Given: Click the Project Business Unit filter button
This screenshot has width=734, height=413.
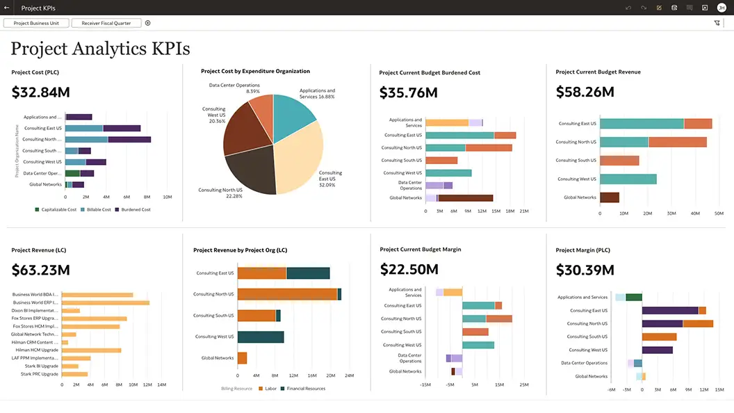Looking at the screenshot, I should (36, 23).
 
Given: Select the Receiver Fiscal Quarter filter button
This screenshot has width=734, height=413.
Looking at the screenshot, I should (106, 23).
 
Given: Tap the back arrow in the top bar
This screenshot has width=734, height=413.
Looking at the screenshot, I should (7, 8).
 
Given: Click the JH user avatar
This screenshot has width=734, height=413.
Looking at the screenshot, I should (721, 8).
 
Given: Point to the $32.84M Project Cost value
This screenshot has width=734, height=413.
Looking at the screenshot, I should (41, 92).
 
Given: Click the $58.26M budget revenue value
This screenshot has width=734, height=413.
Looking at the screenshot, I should (585, 92).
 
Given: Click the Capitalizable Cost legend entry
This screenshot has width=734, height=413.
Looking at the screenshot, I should (58, 209).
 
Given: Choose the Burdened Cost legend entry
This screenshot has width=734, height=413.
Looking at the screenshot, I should (135, 209).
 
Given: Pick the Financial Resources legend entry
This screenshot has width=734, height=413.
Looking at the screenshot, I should (305, 389).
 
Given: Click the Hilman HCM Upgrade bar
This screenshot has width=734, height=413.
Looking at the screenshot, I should (91, 350).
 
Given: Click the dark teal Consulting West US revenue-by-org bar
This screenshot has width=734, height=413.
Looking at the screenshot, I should (261, 337).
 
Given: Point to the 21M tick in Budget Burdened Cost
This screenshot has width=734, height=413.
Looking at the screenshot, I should (523, 211).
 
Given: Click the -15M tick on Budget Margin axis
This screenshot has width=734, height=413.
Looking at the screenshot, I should (426, 384).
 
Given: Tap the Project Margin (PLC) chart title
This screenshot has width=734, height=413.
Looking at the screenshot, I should (583, 250).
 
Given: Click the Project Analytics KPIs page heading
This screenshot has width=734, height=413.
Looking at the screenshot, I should (100, 49).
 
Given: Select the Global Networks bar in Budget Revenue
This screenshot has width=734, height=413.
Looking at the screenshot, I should (609, 197).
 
